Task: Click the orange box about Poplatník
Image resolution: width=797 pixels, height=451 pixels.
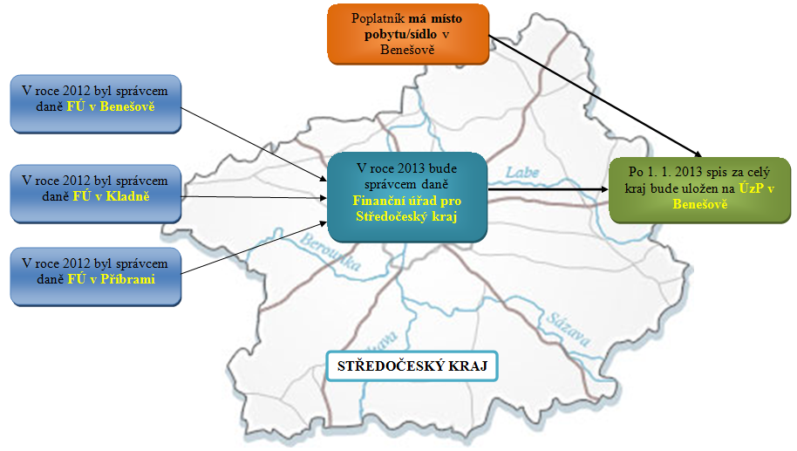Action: coord(408,34)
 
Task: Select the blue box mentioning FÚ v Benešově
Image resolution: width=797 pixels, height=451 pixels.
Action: coord(95,103)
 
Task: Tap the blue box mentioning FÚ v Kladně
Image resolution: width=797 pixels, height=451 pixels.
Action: coord(95,192)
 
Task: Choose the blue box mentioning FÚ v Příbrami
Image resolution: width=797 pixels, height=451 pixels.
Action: coord(95,276)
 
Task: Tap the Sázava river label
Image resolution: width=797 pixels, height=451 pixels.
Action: coord(563,322)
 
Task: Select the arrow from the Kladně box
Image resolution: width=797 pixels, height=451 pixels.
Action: coord(253,196)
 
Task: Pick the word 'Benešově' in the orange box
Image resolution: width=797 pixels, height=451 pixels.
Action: coord(408,51)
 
